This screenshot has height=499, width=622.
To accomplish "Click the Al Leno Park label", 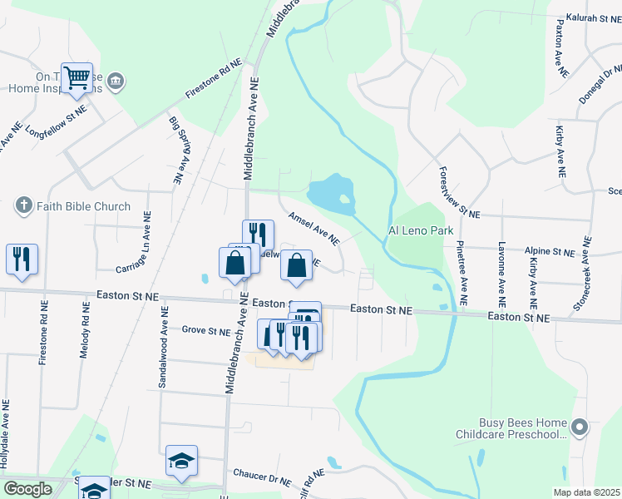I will point(422,230).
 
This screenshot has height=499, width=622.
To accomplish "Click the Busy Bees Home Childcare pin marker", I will point(580,428).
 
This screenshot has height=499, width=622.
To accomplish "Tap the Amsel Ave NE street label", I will point(313,228).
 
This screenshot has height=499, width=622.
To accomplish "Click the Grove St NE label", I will point(205,331).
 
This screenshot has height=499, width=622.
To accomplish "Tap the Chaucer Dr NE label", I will point(262,477).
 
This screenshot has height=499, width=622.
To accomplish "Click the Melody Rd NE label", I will point(85,329).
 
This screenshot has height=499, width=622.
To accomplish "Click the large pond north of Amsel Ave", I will point(333,193).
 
